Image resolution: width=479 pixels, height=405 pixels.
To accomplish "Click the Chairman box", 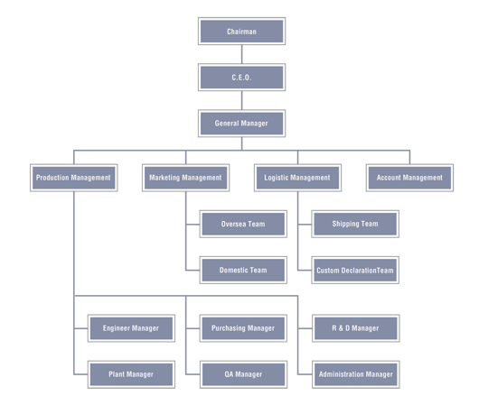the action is click(241, 31).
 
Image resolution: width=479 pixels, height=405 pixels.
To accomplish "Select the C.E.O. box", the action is click(241, 78).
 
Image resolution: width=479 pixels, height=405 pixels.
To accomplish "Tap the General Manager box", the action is click(241, 124).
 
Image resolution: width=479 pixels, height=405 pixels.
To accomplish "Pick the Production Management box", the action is click(73, 178).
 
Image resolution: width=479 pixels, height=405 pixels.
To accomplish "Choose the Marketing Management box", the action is click(186, 178).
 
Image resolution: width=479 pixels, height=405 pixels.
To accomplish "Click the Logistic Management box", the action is click(297, 178).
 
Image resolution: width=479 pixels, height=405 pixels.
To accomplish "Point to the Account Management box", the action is click(409, 178).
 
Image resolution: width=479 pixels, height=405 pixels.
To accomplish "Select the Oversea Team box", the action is click(243, 224).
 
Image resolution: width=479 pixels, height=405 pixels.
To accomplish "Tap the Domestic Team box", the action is click(243, 270).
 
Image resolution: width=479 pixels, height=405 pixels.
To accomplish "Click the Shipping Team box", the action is click(355, 224).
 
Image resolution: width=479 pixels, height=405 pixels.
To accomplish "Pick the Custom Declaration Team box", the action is click(355, 270).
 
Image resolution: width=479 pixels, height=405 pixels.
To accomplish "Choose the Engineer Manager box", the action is click(131, 328).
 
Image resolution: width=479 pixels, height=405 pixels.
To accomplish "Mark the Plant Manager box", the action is click(131, 374).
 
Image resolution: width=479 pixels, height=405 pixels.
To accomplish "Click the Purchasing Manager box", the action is click(243, 328).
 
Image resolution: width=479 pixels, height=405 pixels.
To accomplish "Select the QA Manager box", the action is click(243, 374).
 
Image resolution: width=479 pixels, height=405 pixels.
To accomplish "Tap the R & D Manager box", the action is click(356, 328).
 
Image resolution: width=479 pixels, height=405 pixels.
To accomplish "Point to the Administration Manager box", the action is click(356, 374).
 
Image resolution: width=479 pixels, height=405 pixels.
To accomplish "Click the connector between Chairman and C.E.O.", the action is click(241, 54).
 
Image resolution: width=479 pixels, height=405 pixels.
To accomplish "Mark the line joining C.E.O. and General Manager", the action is click(241, 100).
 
